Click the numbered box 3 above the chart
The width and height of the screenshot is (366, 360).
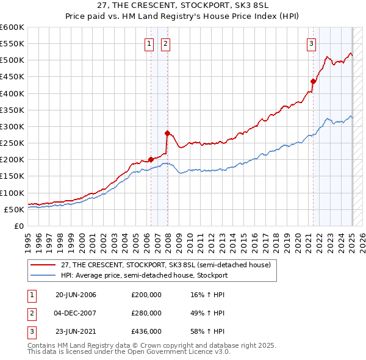[x=311, y=43]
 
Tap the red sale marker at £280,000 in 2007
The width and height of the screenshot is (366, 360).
[x=167, y=132]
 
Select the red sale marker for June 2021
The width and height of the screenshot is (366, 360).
[x=313, y=81]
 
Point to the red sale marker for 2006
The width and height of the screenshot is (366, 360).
[x=151, y=159]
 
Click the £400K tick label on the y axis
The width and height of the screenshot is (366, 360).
[x=12, y=93]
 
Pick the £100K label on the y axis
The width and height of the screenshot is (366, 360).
[x=12, y=193]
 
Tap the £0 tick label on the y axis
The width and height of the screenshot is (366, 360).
[x=18, y=226]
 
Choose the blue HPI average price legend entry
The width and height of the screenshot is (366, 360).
[x=144, y=275]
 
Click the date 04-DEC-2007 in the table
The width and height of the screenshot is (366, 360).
[x=76, y=313]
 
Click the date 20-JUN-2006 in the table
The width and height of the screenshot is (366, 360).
[x=76, y=295]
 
